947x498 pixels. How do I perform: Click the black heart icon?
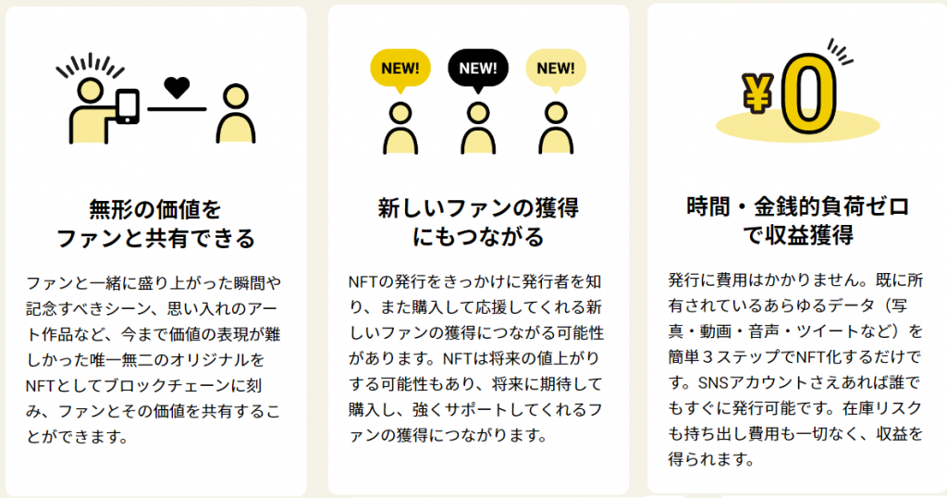tap(177, 88)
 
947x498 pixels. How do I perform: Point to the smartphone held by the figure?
tap(128, 106)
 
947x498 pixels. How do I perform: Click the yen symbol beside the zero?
tap(757, 93)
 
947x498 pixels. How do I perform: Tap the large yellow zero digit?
tap(808, 93)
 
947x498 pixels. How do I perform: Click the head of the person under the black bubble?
tap(478, 112)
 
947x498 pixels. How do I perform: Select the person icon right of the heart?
tap(236, 113)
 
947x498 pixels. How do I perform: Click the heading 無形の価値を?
tap(155, 210)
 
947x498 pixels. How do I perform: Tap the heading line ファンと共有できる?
tap(155, 238)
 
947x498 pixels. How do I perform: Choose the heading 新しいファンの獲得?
tap(478, 208)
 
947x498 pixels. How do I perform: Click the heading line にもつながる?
tap(478, 236)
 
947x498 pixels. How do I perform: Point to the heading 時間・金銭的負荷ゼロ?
tap(798, 206)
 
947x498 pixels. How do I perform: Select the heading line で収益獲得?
tap(798, 234)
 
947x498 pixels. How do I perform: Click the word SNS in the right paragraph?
tap(714, 382)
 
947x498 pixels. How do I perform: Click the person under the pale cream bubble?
tap(556, 128)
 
